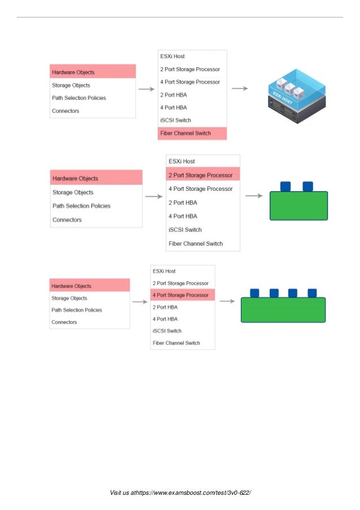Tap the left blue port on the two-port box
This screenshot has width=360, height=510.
pos(285,186)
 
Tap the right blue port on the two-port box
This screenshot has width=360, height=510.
pos(308,186)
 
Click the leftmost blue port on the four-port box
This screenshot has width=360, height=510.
pos(254,293)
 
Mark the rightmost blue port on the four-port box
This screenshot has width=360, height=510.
pos(312,293)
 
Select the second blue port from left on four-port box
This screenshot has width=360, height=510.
pos(274,293)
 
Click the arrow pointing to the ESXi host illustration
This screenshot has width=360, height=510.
pos(240,88)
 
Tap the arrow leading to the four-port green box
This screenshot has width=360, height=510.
pos(227,301)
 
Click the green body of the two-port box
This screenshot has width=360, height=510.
pos(298,206)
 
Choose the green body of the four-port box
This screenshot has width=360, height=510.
pos(283,310)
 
